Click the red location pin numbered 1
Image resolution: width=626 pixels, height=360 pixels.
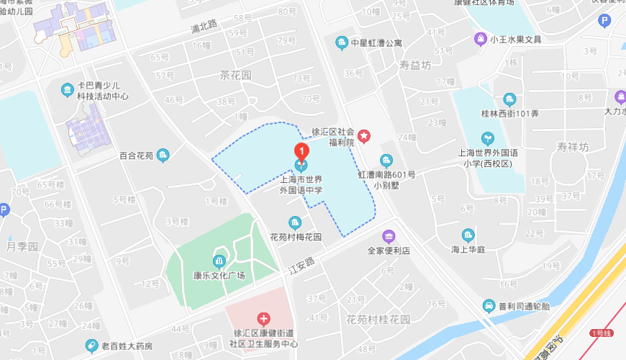pyautogui.click(x=302, y=151)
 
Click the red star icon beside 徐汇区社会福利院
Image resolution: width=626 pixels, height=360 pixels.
pyautogui.click(x=364, y=135)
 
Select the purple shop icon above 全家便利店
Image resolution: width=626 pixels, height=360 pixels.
pyautogui.click(x=389, y=236)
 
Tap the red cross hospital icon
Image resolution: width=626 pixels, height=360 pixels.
pyautogui.click(x=264, y=318)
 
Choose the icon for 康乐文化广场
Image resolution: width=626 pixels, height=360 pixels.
pyautogui.click(x=219, y=261)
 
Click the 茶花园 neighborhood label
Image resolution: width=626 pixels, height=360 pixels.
pyautogui.click(x=235, y=75)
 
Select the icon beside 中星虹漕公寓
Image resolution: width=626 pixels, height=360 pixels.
pyautogui.click(x=342, y=42)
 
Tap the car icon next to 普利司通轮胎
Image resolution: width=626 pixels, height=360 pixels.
pyautogui.click(x=489, y=306)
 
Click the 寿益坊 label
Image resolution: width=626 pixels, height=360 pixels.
pyautogui.click(x=415, y=65)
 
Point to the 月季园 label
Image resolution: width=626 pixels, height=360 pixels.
pyautogui.click(x=22, y=246)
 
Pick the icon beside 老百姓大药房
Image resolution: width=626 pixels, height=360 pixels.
pyautogui.click(x=91, y=346)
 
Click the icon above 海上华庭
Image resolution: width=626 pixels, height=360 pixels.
pyautogui.click(x=468, y=235)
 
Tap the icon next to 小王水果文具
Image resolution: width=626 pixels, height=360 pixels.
pyautogui.click(x=479, y=40)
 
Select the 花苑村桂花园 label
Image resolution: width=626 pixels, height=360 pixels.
pyautogui.click(x=378, y=319)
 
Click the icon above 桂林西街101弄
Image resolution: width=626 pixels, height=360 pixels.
pyautogui.click(x=509, y=99)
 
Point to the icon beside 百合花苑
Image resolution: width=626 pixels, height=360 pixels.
pyautogui.click(x=163, y=154)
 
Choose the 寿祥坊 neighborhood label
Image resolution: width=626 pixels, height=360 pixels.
pyautogui.click(x=572, y=147)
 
